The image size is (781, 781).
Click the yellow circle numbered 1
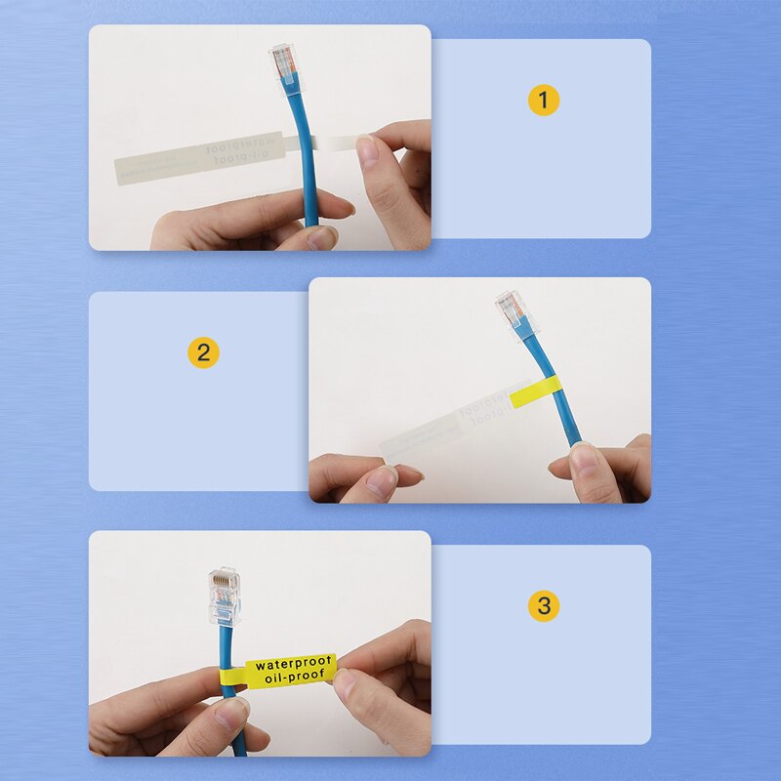[544, 100]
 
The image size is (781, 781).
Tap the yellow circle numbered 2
[202, 352]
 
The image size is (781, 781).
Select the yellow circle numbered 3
[544, 605]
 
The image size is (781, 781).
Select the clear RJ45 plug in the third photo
[224, 596]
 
